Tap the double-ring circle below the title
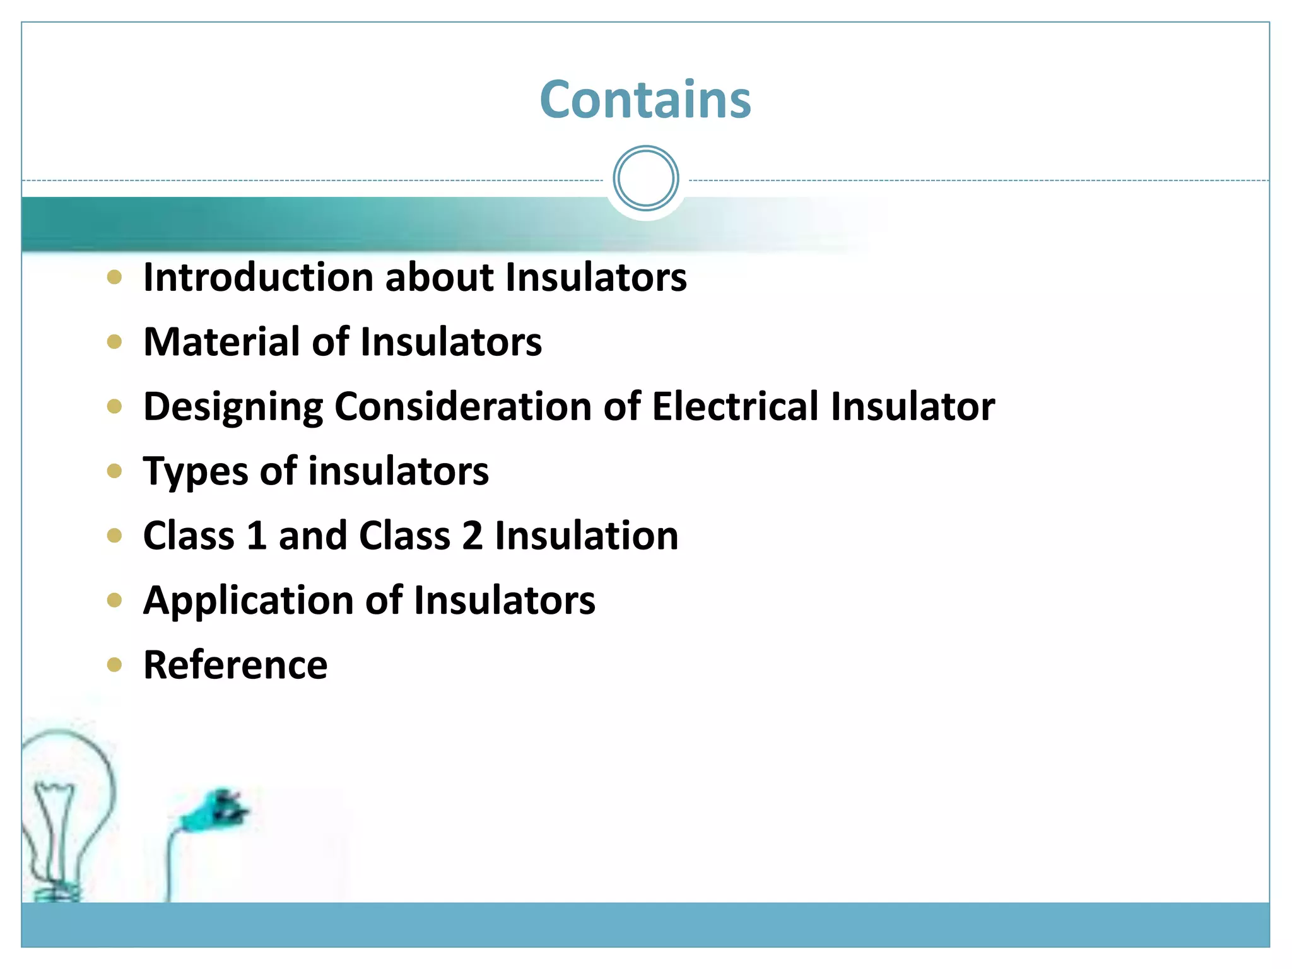coord(645,179)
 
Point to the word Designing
coord(233,407)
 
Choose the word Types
coord(196,472)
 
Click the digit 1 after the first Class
coord(256,536)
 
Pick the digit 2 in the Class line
coord(472,536)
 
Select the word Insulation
coord(587,536)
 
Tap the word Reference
coord(235,665)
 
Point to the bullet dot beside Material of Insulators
coord(114,342)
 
